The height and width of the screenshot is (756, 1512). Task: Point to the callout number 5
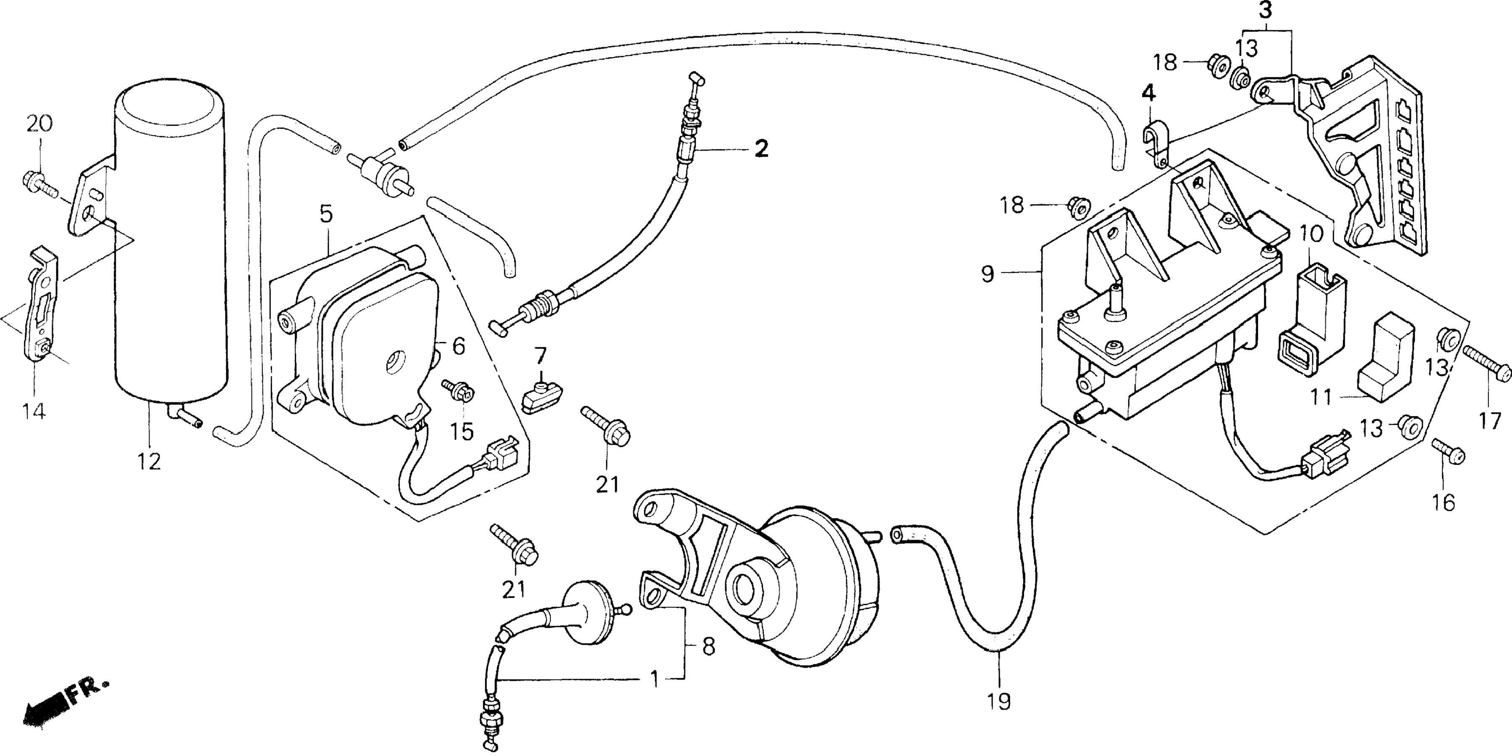[x=326, y=214]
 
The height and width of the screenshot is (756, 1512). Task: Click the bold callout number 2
[x=761, y=149]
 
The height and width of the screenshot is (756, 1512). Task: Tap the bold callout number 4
[x=1149, y=93]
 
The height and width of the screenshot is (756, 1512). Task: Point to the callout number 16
[x=1444, y=502]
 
